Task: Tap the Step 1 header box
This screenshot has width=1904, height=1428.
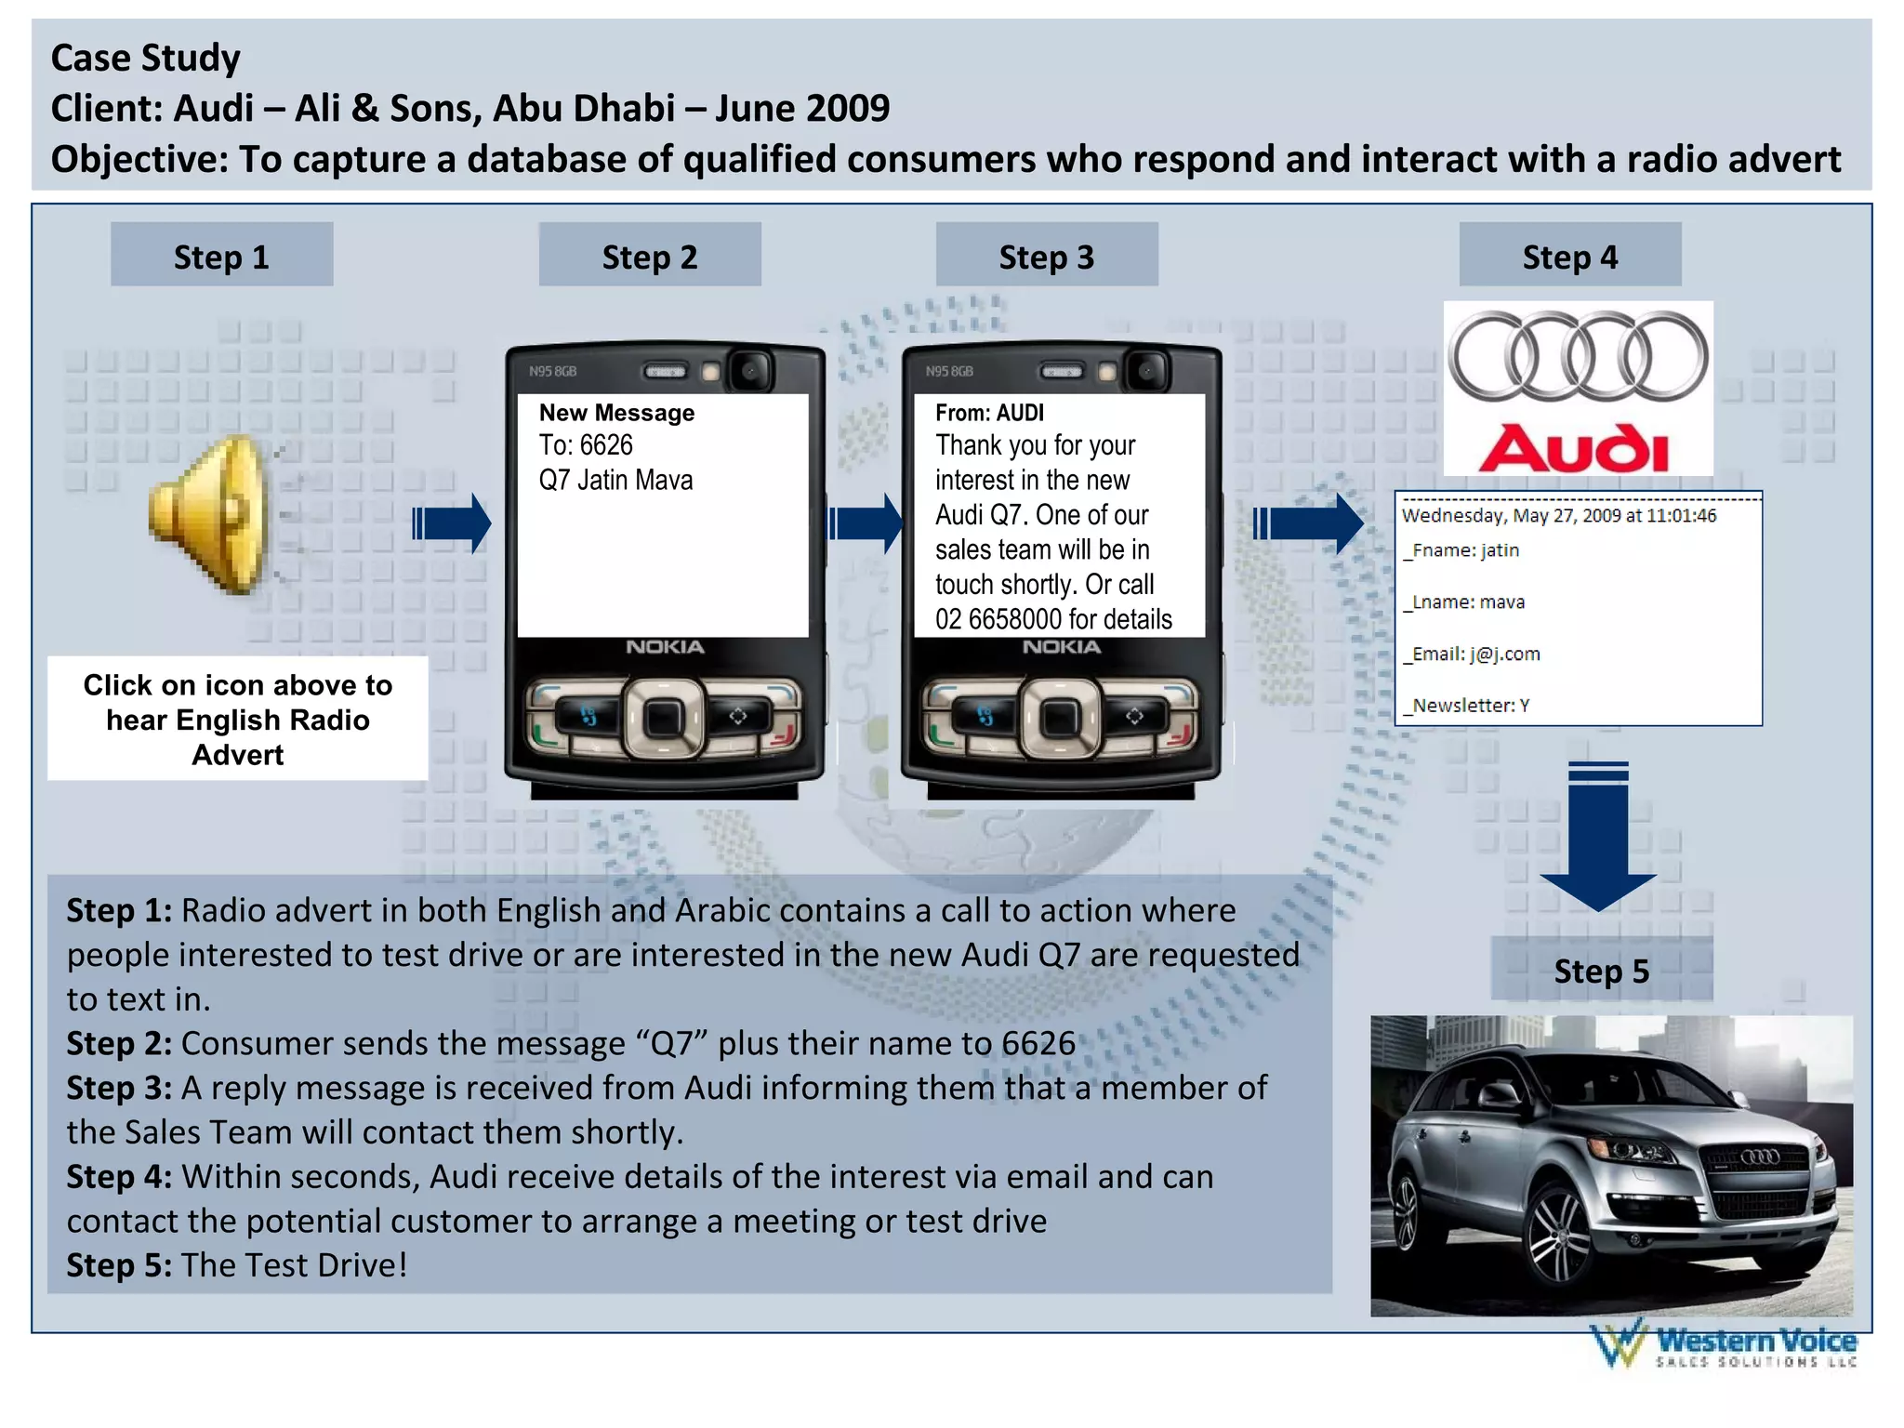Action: click(221, 255)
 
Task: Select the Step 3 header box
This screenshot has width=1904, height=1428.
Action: click(1046, 255)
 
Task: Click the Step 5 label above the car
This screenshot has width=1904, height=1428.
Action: click(1601, 970)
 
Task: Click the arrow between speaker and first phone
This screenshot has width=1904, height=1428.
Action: click(452, 523)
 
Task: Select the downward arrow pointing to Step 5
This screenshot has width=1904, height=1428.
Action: click(1597, 837)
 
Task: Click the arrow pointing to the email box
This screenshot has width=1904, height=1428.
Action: click(1308, 523)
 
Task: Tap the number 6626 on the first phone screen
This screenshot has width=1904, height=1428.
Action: click(605, 445)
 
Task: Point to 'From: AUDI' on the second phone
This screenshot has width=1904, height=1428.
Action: click(989, 412)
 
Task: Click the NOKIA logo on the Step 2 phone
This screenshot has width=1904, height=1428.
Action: click(664, 647)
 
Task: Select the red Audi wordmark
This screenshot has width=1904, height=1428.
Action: click(1575, 448)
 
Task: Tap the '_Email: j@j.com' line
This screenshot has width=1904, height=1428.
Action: click(1472, 654)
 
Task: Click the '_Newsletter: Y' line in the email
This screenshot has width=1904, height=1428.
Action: click(1466, 706)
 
